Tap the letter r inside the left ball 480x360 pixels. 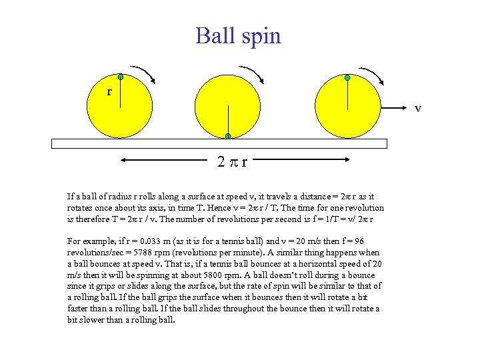(x=109, y=91)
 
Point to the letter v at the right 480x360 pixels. (x=418, y=107)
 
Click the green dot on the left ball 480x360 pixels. (x=120, y=77)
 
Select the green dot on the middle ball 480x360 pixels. (x=228, y=137)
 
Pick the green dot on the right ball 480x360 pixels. (x=347, y=78)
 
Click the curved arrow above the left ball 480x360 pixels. (x=143, y=73)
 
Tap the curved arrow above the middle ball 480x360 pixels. (x=253, y=73)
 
